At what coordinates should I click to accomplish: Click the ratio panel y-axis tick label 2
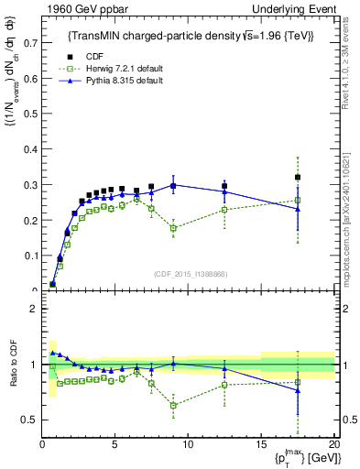coord(30,309)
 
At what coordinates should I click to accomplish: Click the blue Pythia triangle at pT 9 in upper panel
coord(173,185)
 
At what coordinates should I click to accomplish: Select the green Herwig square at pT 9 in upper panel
coord(173,228)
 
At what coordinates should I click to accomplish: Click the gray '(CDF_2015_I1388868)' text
coord(191,272)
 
